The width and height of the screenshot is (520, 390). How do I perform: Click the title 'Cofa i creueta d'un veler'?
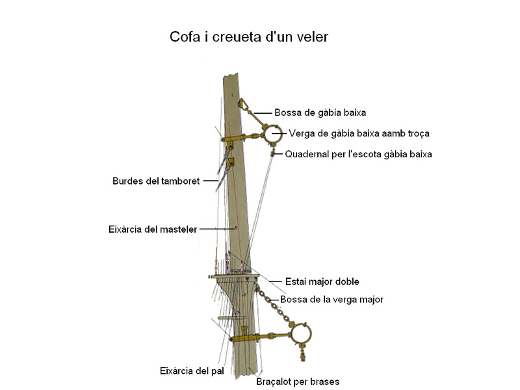pyautogui.click(x=249, y=37)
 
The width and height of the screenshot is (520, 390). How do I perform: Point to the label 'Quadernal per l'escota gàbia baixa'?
pyautogui.click(x=358, y=154)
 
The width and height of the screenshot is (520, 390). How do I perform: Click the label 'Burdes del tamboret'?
pyautogui.click(x=156, y=181)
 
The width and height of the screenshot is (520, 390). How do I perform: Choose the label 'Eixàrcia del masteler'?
pyautogui.click(x=153, y=229)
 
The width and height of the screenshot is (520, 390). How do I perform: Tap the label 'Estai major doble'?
pyautogui.click(x=322, y=281)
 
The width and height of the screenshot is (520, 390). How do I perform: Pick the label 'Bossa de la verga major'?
pyautogui.click(x=331, y=300)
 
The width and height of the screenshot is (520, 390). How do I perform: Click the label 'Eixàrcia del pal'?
pyautogui.click(x=192, y=371)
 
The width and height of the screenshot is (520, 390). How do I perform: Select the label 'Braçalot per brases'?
pyautogui.click(x=298, y=382)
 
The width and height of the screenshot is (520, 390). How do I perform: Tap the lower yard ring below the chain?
pyautogui.click(x=300, y=335)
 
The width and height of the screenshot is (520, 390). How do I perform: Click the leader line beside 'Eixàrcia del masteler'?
pyautogui.click(x=216, y=229)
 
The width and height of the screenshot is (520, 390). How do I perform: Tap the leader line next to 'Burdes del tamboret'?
pyautogui.click(x=209, y=181)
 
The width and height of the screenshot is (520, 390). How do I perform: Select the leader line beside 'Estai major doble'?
pyautogui.click(x=273, y=281)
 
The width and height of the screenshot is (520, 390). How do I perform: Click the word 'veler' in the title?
pyautogui.click(x=310, y=37)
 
